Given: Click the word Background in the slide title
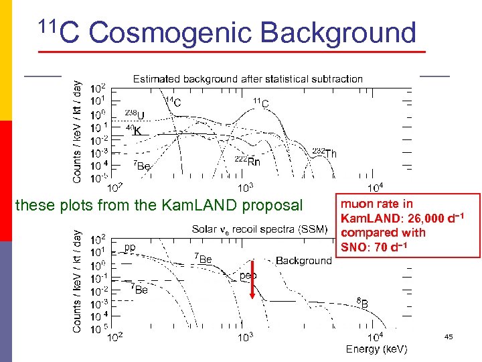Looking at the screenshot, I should [338, 33].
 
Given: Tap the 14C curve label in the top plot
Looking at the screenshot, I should [173, 103].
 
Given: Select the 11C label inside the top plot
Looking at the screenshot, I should [261, 103].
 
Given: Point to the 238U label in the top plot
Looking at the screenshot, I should [135, 114].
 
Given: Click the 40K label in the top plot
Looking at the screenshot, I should [134, 130].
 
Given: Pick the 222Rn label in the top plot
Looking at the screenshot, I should [247, 161].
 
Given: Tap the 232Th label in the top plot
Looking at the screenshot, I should [325, 153].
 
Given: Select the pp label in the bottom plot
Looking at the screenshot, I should [129, 247].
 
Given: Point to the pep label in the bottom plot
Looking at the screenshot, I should [248, 275].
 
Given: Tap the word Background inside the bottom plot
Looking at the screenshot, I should [303, 260].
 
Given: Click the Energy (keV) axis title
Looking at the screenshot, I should [376, 349].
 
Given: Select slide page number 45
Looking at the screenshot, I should [449, 337].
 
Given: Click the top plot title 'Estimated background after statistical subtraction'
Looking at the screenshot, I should [248, 79].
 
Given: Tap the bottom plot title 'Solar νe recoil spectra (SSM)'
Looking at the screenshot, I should [259, 229].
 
